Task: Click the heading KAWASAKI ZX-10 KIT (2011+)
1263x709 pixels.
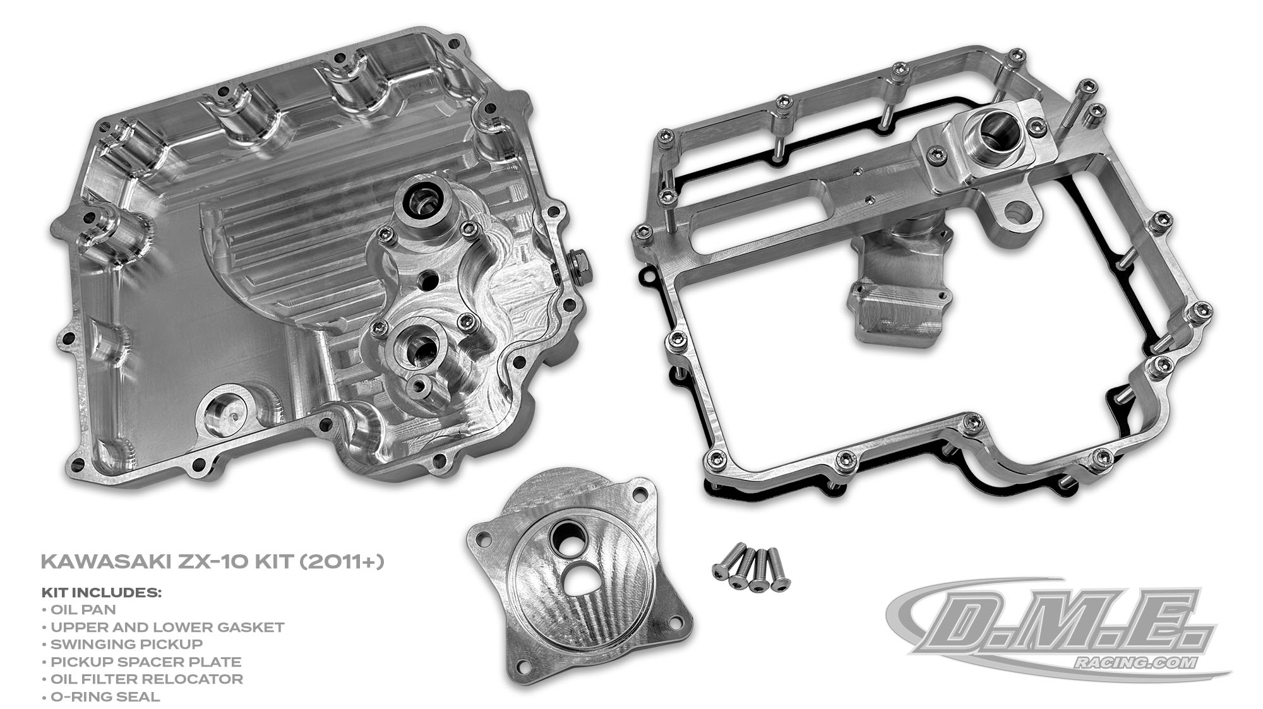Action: [x=212, y=561]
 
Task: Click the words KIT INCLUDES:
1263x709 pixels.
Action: [x=102, y=593]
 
